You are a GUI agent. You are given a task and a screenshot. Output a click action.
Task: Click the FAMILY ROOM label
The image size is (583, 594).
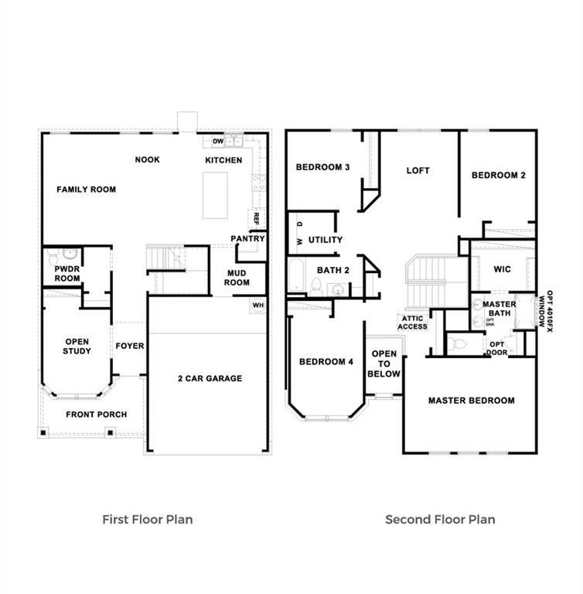pyautogui.click(x=86, y=189)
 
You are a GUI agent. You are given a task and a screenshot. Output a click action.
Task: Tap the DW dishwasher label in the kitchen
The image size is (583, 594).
pyautogui.click(x=218, y=142)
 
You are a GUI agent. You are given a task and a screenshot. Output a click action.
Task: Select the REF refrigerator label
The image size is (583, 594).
pyautogui.click(x=255, y=219)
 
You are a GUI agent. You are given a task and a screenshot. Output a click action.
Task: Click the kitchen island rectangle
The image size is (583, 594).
pyautogui.click(x=215, y=195)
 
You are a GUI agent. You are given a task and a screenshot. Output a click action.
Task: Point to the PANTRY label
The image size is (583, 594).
pyautogui.click(x=247, y=238)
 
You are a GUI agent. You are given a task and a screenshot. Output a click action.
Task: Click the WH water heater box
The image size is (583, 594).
pyautogui.click(x=257, y=306)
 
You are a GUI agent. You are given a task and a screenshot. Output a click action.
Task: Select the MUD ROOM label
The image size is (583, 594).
pyautogui.click(x=237, y=278)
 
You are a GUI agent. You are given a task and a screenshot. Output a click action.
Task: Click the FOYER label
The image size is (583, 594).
pyautogui.click(x=129, y=346)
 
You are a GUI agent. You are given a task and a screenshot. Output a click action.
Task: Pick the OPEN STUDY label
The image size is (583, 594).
pyautogui.click(x=77, y=346)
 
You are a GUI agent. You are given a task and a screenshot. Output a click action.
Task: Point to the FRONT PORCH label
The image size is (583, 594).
pyautogui.click(x=96, y=415)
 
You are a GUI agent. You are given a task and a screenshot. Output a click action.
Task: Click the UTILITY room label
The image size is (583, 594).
pyautogui.click(x=325, y=240)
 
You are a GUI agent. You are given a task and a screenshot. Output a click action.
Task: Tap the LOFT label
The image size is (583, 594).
pyautogui.click(x=418, y=170)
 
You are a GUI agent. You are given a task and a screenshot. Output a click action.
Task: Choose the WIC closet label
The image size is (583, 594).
pyautogui.click(x=502, y=269)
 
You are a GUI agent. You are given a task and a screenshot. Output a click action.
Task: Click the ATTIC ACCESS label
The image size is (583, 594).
pyautogui.click(x=412, y=323)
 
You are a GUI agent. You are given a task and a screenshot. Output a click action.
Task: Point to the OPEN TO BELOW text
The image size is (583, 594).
pyautogui.click(x=384, y=364)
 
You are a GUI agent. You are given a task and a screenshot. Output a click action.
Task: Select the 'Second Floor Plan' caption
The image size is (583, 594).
pyautogui.click(x=440, y=519)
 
